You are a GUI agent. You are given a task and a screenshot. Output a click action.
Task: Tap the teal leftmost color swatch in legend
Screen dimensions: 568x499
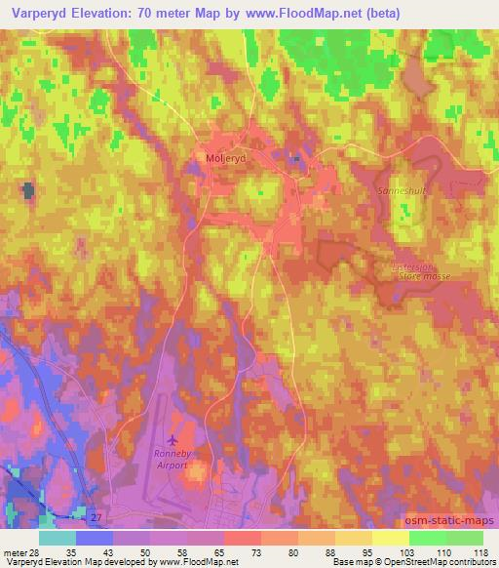coord(58,537)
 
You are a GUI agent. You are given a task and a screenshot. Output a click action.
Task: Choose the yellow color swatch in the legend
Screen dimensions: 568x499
coord(391,537)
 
